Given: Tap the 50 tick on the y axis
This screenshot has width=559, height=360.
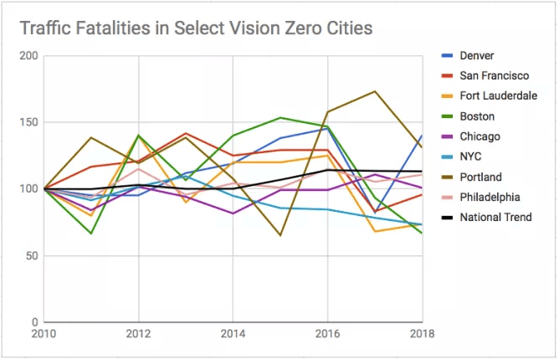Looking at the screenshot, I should click(32, 255).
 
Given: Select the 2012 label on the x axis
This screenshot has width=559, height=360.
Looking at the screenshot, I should click(137, 334).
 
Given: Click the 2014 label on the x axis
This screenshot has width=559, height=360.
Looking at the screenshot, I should click(233, 334).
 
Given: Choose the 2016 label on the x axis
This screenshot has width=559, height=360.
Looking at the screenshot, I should click(327, 334).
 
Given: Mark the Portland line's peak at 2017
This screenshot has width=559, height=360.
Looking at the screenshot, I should click(375, 91).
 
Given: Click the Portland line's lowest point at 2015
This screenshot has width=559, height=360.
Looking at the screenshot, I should click(280, 235).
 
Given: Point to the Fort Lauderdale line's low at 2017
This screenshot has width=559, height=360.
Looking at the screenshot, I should click(375, 231).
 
